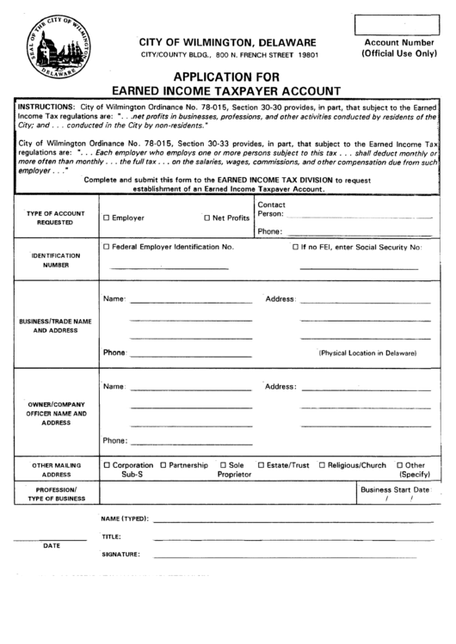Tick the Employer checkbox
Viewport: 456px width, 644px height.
pyautogui.click(x=107, y=218)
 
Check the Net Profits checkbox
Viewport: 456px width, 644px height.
pyautogui.click(x=206, y=218)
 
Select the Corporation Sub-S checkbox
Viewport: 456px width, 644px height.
pyautogui.click(x=107, y=465)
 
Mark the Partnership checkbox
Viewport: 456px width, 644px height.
pyautogui.click(x=163, y=465)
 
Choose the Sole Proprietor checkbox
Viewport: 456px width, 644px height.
pyautogui.click(x=224, y=465)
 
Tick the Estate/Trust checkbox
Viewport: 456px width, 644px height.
pyautogui.click(x=262, y=465)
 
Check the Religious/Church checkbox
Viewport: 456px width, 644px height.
pyautogui.click(x=322, y=465)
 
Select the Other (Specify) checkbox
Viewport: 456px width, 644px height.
pyautogui.click(x=398, y=465)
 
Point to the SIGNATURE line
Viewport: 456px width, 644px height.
pyautogui.click(x=293, y=555)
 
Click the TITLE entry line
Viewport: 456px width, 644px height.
pyautogui.click(x=293, y=537)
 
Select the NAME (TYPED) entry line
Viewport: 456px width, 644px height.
pyautogui.click(x=293, y=520)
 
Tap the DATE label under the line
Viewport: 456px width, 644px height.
pyautogui.click(x=52, y=545)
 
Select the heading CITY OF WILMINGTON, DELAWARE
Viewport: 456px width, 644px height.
pyautogui.click(x=227, y=42)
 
